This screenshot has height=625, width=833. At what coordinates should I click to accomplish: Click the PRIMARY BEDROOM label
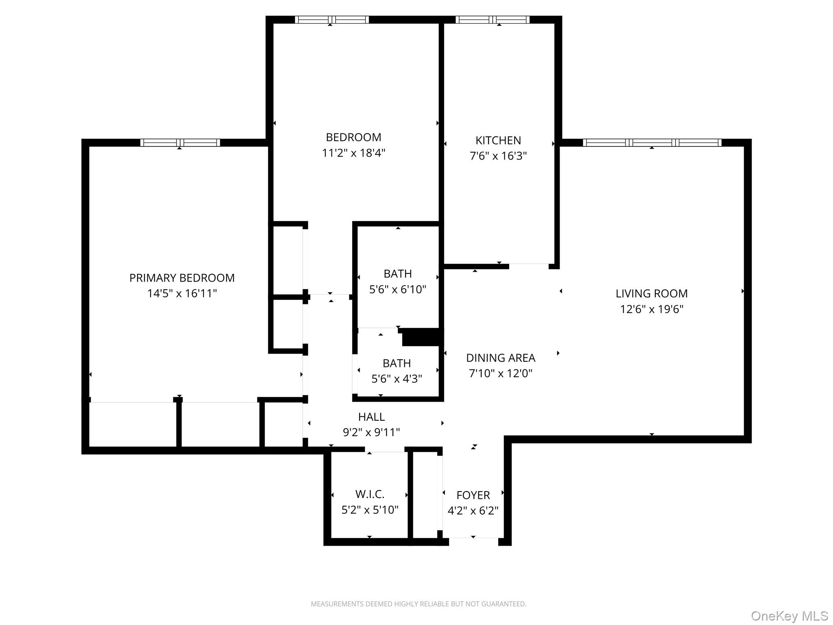[182, 278]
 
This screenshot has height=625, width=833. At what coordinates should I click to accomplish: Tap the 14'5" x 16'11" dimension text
[182, 293]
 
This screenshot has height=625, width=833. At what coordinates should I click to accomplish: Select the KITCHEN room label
[498, 140]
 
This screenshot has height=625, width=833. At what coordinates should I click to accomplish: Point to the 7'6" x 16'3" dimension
[498, 156]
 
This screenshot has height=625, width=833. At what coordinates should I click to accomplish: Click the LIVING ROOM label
[652, 293]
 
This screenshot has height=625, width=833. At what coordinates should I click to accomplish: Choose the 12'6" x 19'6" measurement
[652, 309]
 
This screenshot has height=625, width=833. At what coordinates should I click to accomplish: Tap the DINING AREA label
[500, 358]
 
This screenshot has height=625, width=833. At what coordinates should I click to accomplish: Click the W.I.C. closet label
[370, 494]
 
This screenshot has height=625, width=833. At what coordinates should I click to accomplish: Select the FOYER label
[473, 495]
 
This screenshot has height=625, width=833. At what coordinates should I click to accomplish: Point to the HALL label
[371, 417]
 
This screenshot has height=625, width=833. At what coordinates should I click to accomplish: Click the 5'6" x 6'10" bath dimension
[397, 289]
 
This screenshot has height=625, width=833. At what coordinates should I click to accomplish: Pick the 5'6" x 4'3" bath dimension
[397, 379]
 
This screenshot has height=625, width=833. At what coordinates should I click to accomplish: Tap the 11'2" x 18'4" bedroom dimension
[353, 153]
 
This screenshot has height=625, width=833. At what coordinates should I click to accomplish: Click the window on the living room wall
[652, 143]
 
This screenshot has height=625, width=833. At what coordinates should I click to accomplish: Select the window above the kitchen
[492, 20]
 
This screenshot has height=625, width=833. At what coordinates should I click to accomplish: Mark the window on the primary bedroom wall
[180, 143]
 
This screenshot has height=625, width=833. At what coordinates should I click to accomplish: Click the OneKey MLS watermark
[789, 616]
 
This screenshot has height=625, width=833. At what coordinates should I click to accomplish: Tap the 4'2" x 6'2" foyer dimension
[473, 511]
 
